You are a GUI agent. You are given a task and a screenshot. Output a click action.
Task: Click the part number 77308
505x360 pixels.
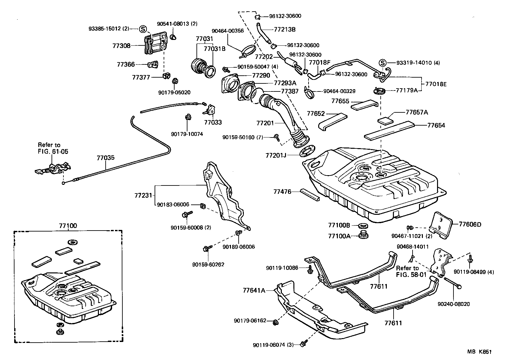pos(121,46)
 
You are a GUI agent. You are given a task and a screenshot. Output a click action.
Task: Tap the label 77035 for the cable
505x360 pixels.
pos(106,158)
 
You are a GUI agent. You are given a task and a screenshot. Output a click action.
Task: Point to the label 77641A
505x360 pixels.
pos(254,290)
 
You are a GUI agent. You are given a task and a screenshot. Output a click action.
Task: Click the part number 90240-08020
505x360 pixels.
pos(453,304)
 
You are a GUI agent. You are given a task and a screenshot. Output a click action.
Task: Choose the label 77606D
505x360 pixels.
pos(470,224)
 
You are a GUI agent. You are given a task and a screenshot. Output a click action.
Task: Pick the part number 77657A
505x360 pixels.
pos(417,112)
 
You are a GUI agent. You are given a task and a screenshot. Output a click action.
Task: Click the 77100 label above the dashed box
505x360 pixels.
pos(68,226)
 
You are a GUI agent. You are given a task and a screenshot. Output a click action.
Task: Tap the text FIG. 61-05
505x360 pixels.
pos(53,151)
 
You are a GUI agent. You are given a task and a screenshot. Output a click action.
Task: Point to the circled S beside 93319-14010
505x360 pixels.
pos(382,63)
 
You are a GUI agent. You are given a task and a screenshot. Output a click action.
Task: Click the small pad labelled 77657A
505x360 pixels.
pos(386,121)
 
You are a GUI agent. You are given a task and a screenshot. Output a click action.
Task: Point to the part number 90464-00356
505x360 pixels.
pos(227,31)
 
